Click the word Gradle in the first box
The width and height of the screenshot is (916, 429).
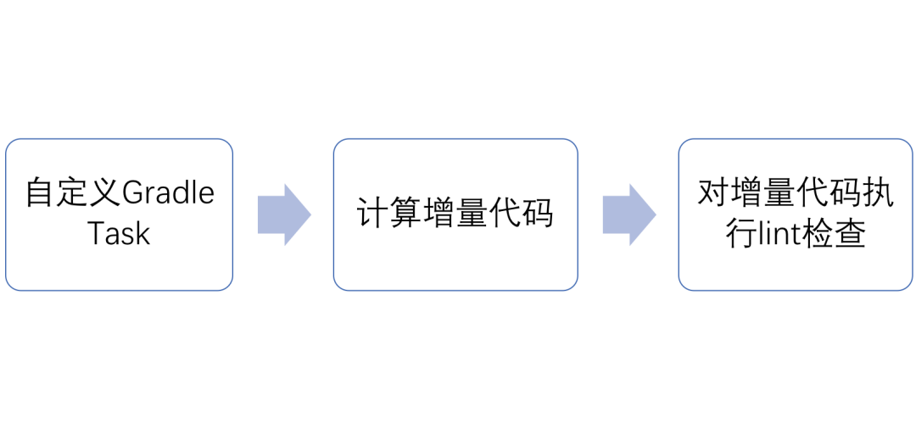tap(169, 194)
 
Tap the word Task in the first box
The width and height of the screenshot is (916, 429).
tap(120, 233)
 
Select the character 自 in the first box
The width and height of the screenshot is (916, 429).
tap(39, 194)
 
